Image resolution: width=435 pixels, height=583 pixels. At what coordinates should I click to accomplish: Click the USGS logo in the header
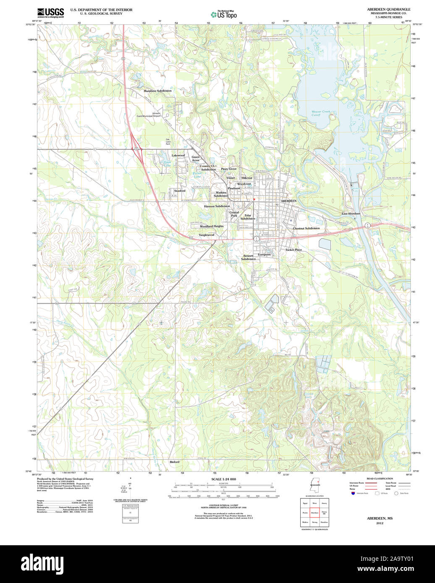coord(50,13)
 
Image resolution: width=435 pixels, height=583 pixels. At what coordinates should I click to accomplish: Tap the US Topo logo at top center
coord(223,14)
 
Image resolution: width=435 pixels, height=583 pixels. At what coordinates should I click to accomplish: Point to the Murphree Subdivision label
coord(157,91)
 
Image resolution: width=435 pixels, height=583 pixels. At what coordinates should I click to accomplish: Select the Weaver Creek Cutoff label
coord(321,113)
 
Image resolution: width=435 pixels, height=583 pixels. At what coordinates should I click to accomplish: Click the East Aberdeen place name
coord(351,214)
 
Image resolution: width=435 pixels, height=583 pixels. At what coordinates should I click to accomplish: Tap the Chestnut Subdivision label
coord(306,229)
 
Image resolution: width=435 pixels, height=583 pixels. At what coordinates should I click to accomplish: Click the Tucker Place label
coord(293,250)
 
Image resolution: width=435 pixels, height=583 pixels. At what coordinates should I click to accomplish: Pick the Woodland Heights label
coord(212,226)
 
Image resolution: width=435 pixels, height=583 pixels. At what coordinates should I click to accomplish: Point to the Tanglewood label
coord(206,235)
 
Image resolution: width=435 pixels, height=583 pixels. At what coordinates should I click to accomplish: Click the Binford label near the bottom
coord(174,462)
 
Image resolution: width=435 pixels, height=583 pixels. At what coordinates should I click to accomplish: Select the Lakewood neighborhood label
coord(178,156)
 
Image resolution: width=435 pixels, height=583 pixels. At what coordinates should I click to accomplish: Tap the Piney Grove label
coord(229,169)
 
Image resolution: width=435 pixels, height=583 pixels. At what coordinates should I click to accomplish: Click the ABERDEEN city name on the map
coord(288,201)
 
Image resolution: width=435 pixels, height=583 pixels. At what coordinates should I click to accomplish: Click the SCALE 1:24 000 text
coord(223,479)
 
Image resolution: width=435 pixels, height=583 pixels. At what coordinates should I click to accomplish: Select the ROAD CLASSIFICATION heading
coord(380,479)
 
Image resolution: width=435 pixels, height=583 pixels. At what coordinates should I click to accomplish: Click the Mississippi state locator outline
coord(314,487)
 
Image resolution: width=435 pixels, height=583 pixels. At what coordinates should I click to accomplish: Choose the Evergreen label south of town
coord(264,255)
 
